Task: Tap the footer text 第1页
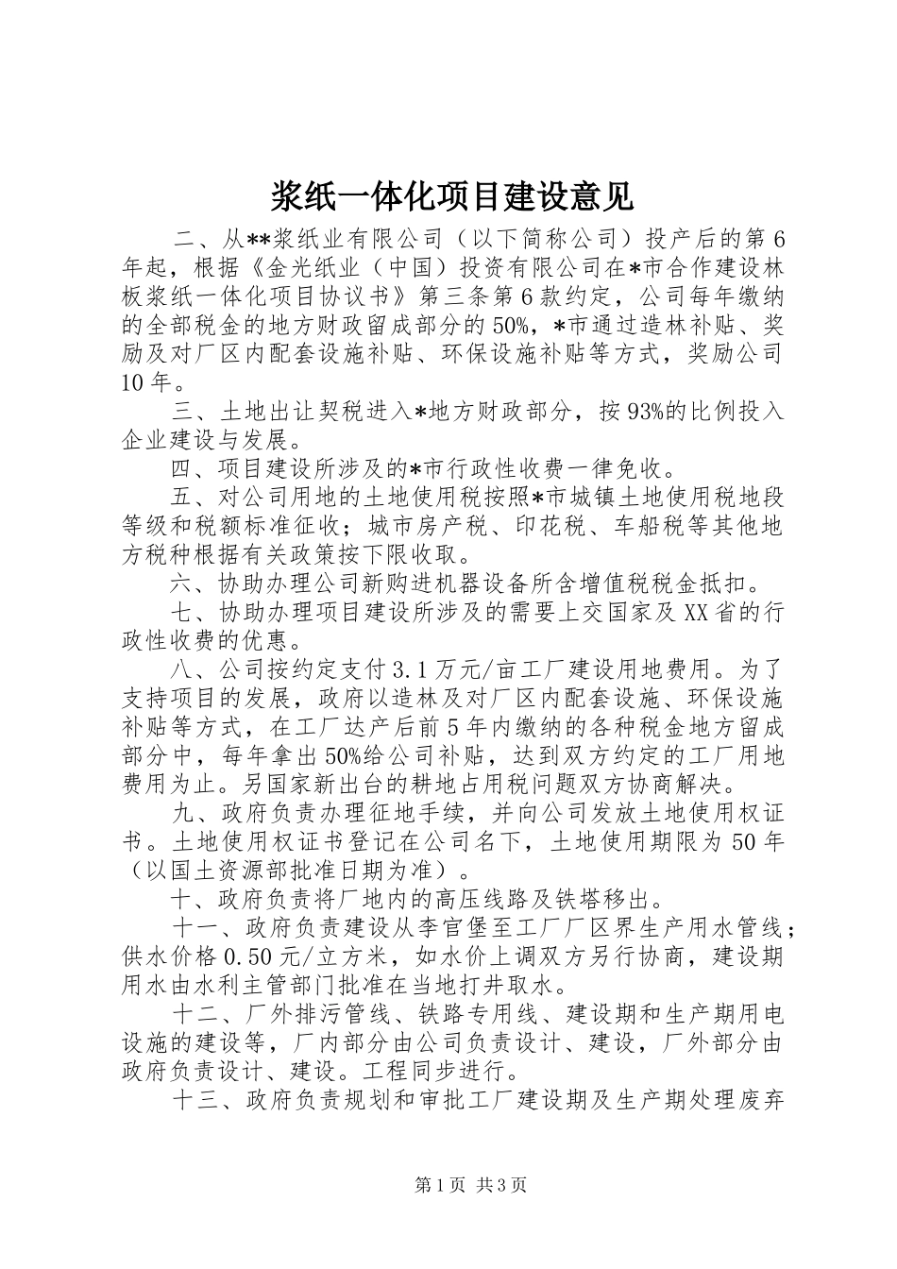coord(416,1185)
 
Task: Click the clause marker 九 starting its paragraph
coord(183,812)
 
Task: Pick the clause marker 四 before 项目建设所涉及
coord(183,468)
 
